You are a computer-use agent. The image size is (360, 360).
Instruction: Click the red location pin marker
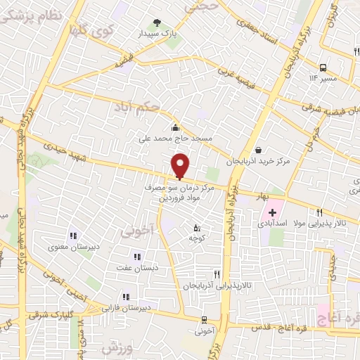tap(181, 165)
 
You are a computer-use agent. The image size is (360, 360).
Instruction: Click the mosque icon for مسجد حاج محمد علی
tap(174, 127)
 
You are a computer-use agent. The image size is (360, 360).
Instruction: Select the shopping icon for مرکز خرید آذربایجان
tap(259, 150)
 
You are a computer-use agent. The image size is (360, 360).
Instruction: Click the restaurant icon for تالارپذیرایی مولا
tap(320, 212)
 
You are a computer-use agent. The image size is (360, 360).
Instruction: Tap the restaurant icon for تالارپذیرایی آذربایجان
tap(217, 274)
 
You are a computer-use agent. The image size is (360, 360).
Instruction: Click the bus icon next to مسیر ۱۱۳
tap(323, 67)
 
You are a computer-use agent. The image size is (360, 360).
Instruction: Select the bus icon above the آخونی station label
tap(204, 319)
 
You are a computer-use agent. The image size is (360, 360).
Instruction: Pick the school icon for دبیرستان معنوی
tap(72, 236)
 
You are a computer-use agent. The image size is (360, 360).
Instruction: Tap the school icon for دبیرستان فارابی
tap(126, 297)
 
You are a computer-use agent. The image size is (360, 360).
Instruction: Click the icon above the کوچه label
tap(196, 227)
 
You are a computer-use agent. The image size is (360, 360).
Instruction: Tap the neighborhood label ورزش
tap(117, 347)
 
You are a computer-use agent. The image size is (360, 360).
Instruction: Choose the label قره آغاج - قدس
tap(283, 327)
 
